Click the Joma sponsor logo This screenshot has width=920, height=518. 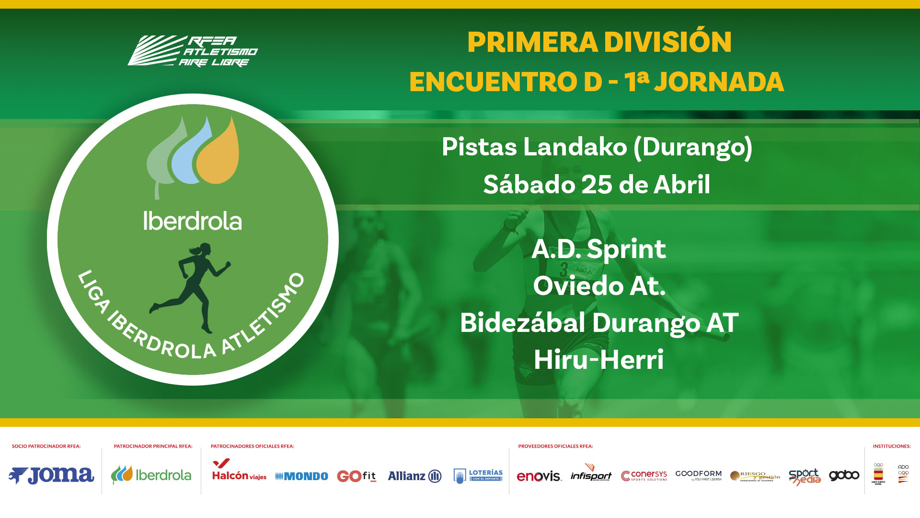[51, 475]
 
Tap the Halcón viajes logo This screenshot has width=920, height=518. [239, 471]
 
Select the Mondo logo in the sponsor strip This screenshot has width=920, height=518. [302, 476]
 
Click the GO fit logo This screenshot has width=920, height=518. [356, 476]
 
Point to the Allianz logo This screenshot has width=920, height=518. [414, 476]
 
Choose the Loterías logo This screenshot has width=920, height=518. [478, 475]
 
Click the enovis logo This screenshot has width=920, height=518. [539, 476]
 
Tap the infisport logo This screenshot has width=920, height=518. [591, 474]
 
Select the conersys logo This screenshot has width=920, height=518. [644, 475]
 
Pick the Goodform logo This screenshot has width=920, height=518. [698, 475]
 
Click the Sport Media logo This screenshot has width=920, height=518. [805, 476]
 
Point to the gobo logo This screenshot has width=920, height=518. [844, 475]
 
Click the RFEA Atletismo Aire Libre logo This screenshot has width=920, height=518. [193, 51]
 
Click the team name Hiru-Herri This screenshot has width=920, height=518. [598, 360]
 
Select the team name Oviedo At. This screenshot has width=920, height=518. [599, 286]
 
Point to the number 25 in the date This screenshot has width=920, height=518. [597, 185]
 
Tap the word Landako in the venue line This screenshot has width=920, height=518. [575, 147]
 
